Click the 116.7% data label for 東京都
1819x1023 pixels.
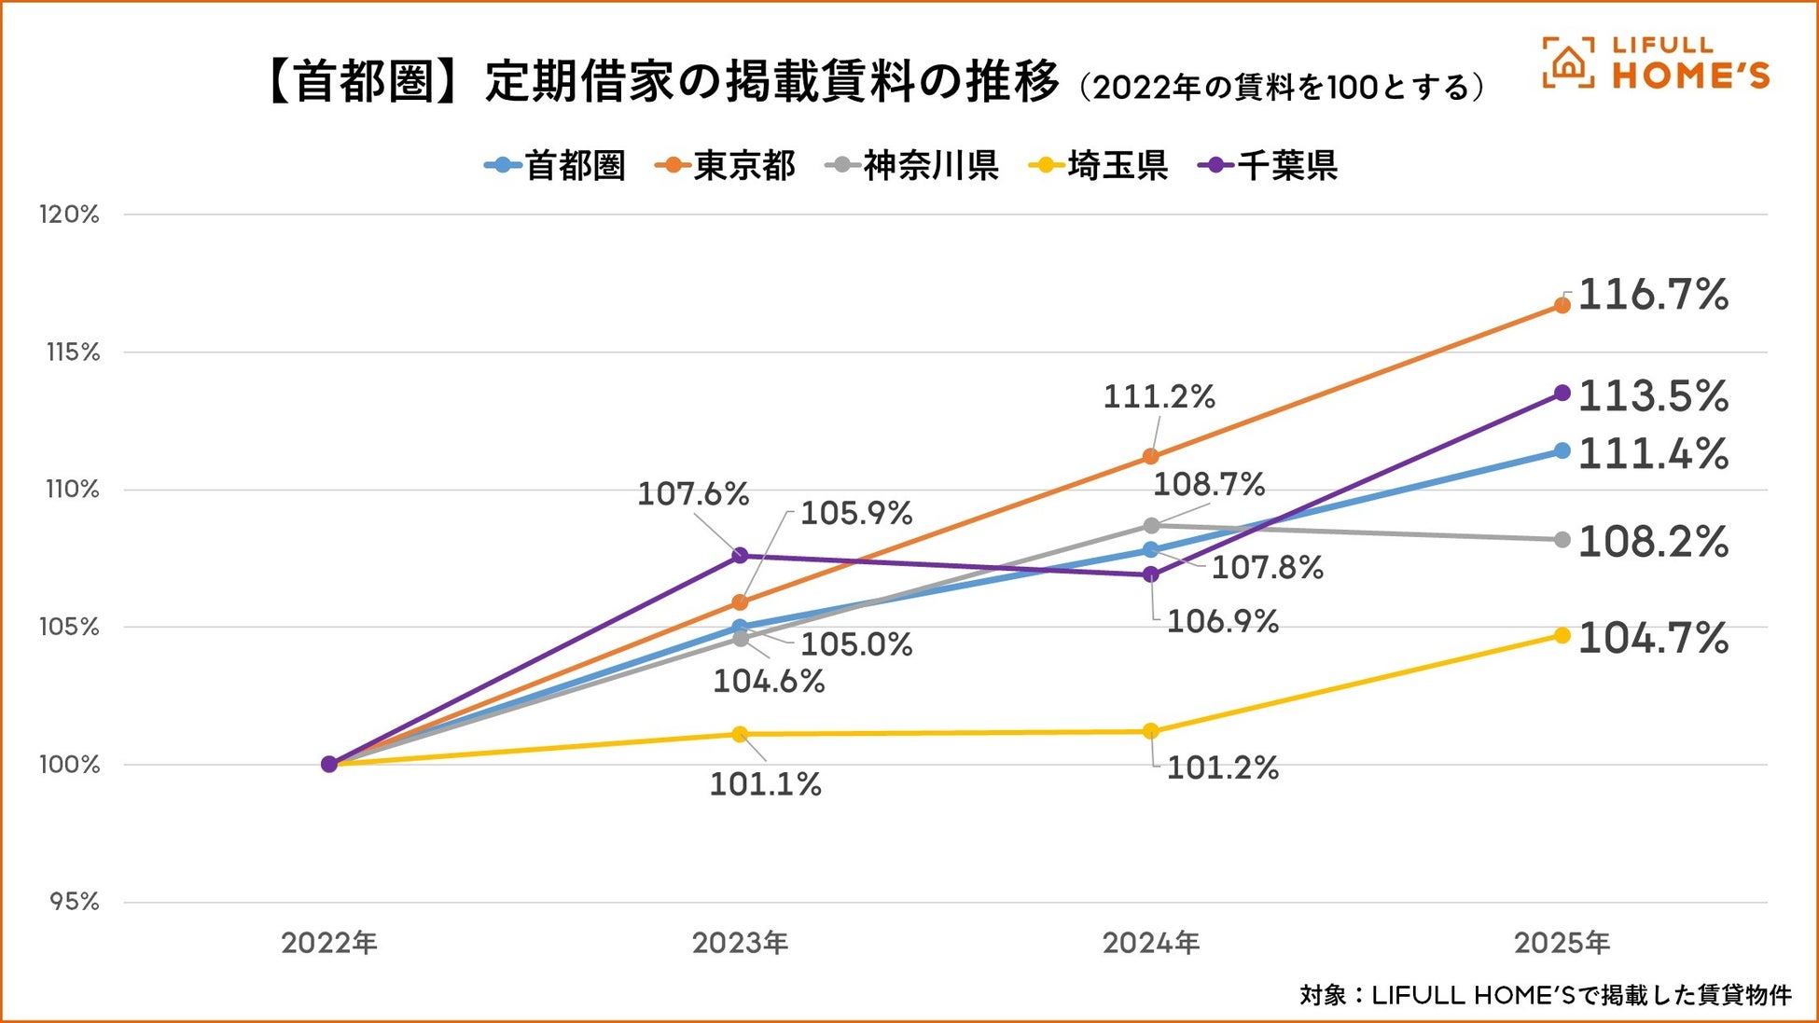click(x=1653, y=296)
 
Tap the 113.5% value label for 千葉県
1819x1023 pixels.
click(x=1653, y=396)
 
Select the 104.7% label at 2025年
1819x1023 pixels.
click(x=1653, y=639)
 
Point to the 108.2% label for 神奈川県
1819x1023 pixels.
click(x=1653, y=542)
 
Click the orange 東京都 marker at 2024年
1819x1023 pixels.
click(x=1151, y=456)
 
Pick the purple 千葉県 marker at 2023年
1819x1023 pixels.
click(x=740, y=556)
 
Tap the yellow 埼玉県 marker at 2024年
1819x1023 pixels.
click(x=1151, y=731)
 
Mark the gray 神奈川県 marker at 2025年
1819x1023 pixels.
click(x=1562, y=540)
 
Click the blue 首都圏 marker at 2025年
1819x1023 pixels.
click(x=1562, y=451)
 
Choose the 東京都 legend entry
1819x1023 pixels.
click(x=726, y=166)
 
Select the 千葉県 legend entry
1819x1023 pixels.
click(x=1268, y=166)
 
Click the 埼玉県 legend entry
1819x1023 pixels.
click(x=1098, y=166)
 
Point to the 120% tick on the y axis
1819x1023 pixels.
click(x=69, y=214)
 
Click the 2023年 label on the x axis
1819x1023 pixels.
click(x=740, y=943)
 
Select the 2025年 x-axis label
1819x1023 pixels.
click(x=1562, y=943)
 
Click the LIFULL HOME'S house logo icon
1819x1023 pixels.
click(x=1568, y=63)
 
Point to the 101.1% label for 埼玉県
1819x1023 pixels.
click(x=766, y=784)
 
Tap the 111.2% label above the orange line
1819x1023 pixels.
click(x=1159, y=397)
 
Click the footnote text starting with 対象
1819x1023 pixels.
click(x=1545, y=995)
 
